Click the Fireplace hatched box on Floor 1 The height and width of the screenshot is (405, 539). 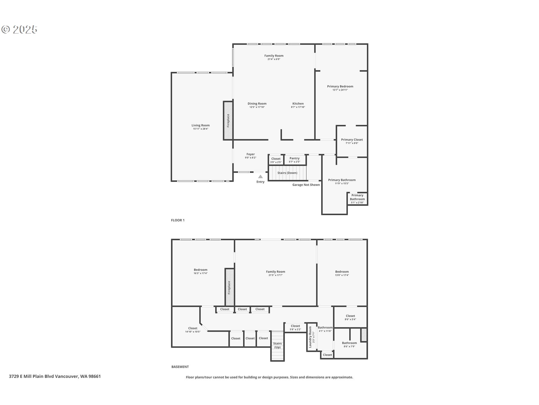tap(228, 120)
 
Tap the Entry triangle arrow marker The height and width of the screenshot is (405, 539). tap(261, 177)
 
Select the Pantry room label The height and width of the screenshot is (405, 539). tap(294, 158)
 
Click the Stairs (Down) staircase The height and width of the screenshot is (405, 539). tap(287, 173)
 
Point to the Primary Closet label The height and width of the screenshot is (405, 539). tap(352, 140)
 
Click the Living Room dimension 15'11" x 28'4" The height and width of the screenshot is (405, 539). tap(200, 129)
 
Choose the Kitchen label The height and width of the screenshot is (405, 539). tap(298, 103)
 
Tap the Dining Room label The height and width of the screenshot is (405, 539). tap(257, 103)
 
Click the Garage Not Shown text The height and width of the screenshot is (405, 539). tap(306, 185)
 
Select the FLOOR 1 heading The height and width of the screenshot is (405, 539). tap(178, 220)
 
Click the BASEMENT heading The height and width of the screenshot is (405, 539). tap(180, 367)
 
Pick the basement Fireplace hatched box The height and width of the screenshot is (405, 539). tap(229, 287)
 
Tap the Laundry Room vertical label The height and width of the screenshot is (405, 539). tap(310, 337)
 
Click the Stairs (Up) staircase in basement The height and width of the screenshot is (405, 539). tap(277, 346)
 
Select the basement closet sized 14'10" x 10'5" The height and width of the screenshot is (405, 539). tap(193, 330)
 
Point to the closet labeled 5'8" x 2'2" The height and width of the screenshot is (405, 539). tap(295, 327)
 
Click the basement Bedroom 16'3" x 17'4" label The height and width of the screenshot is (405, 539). tap(200, 271)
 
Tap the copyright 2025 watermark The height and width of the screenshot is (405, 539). tap(19, 29)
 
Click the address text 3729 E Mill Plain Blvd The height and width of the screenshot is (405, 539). tap(55, 376)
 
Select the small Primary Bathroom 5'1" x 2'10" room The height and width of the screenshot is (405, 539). tap(357, 199)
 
